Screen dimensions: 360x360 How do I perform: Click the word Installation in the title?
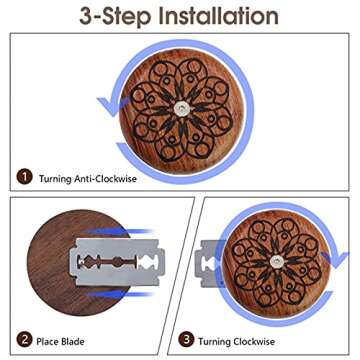pyautogui.click(x=212, y=17)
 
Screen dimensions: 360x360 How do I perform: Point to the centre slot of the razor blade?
pyautogui.click(x=113, y=266)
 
